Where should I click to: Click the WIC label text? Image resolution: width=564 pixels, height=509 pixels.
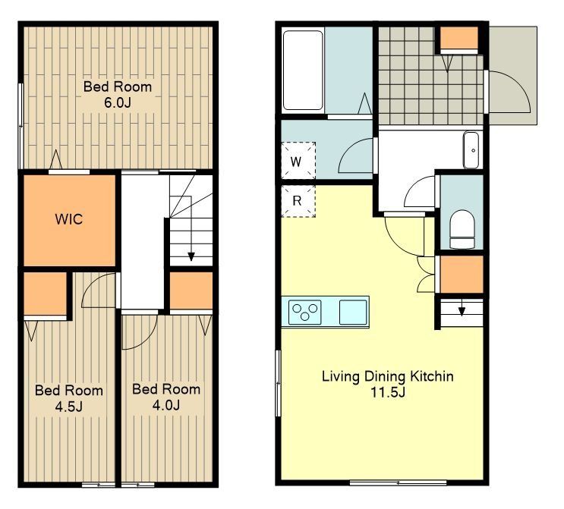tap(69, 219)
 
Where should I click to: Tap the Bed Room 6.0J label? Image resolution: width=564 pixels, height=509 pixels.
tap(118, 95)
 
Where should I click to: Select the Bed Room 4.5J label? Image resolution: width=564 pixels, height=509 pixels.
tap(69, 398)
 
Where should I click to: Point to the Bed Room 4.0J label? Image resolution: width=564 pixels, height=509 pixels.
tap(166, 397)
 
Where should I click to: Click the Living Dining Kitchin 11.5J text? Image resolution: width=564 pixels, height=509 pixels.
tap(387, 384)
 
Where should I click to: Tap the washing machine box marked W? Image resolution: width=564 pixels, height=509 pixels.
tap(298, 161)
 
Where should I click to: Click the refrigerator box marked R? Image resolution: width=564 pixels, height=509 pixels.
tap(298, 201)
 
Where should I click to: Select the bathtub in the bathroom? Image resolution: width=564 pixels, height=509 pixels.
tap(303, 70)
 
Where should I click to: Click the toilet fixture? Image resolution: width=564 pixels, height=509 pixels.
tap(462, 229)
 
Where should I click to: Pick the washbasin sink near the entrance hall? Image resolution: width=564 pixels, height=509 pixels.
tap(471, 150)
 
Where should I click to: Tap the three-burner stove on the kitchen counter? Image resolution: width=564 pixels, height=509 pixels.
tap(304, 312)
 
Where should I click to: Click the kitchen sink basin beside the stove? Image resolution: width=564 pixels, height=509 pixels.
tap(353, 312)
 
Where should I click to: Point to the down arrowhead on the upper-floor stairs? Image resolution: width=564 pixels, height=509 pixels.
tap(191, 256)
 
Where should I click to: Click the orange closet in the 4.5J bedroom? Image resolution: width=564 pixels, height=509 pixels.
tap(46, 294)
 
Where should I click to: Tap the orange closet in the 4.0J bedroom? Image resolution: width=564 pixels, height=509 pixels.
tap(191, 291)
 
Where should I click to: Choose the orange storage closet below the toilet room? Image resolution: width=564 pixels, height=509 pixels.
tap(462, 274)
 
